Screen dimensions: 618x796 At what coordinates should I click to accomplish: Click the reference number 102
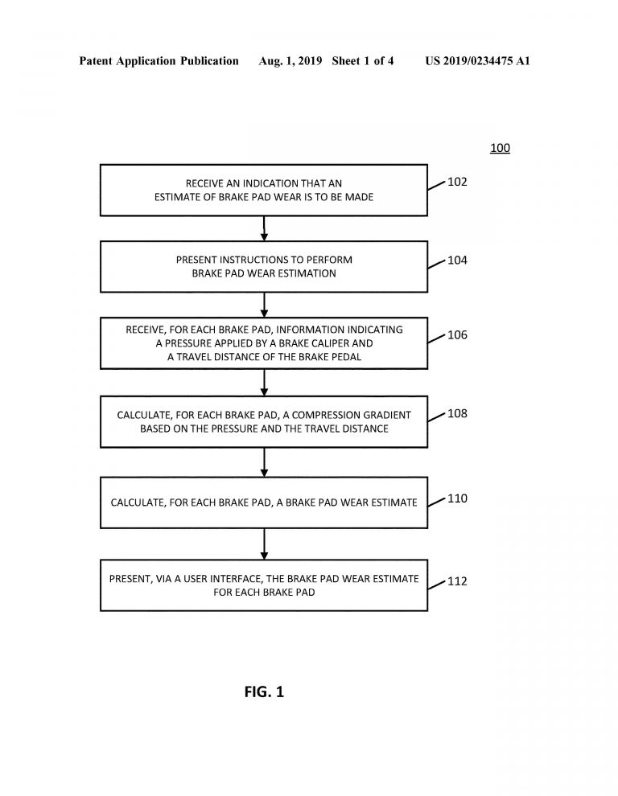point(457,182)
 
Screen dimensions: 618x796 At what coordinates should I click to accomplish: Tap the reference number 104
point(457,260)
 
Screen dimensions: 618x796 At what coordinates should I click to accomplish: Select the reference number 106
point(457,334)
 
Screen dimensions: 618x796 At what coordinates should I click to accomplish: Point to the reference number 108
point(457,413)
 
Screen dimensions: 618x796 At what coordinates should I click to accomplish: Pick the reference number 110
point(457,498)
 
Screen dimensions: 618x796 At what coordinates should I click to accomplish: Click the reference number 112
point(457,581)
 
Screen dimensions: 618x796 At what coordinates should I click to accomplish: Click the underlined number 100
point(500,148)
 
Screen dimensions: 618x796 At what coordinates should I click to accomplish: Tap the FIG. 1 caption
point(264,691)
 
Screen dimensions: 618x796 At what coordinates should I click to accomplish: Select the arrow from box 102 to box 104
point(264,228)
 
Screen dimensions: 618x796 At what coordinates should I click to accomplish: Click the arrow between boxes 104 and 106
point(264,305)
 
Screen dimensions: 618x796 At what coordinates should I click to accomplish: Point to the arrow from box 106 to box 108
point(264,383)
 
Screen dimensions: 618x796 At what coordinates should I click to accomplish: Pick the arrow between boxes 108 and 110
point(264,462)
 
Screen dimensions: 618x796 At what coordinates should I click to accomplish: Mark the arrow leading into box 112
point(264,544)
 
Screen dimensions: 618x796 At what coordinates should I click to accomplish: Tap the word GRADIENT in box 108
point(385,415)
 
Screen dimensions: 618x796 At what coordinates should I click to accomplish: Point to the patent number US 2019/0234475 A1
point(478,61)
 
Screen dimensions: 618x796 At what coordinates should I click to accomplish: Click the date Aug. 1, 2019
point(290,61)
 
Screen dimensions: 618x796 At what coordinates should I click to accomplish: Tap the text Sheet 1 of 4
point(363,61)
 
